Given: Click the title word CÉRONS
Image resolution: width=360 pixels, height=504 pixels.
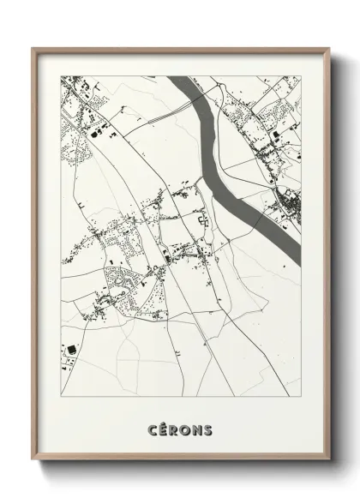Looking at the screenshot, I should coord(180,429).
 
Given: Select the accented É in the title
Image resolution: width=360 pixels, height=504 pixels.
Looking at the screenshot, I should coord(164,429).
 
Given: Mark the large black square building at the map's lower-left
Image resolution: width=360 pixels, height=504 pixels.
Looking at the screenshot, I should coord(70,349).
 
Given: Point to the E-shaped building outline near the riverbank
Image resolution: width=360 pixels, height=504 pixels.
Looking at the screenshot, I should coord(204,220).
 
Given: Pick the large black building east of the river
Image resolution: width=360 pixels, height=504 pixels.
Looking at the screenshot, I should coord(275,135).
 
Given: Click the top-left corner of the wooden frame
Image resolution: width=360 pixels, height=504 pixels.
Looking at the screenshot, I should coord(33,48).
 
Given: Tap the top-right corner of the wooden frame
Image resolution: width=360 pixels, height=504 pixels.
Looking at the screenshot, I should coord(328,48).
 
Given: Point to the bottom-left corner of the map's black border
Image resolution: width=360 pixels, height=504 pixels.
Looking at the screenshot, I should coord(60,397).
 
